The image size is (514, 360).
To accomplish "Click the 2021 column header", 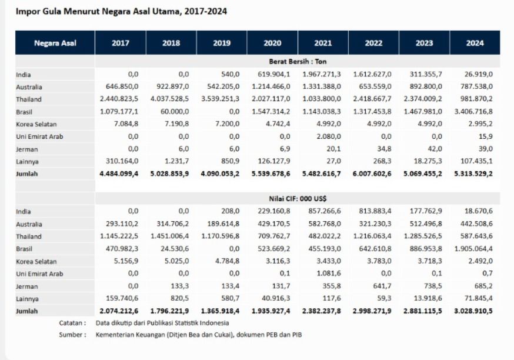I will (x=323, y=43).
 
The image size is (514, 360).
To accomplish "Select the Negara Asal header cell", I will (x=55, y=43).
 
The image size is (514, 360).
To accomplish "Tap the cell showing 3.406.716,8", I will (x=474, y=111).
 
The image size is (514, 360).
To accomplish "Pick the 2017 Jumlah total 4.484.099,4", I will (x=121, y=174).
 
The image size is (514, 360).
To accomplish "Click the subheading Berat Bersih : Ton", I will (x=298, y=62).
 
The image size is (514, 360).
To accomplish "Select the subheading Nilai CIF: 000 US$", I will (x=298, y=199).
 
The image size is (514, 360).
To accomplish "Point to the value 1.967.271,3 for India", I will (x=323, y=74).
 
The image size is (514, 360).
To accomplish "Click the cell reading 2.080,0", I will (x=329, y=136).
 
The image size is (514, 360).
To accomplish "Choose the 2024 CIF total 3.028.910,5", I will (x=474, y=311).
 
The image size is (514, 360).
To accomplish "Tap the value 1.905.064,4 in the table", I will (x=474, y=249).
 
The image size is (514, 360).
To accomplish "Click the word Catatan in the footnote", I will (x=72, y=323).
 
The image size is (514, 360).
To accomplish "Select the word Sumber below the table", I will (x=72, y=335).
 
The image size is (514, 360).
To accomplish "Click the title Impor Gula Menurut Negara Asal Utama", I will (x=122, y=11).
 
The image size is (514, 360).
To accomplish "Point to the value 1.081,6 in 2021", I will (x=329, y=274).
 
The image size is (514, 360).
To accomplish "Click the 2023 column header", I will (x=424, y=43).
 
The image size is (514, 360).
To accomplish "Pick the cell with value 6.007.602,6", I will (x=373, y=174).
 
